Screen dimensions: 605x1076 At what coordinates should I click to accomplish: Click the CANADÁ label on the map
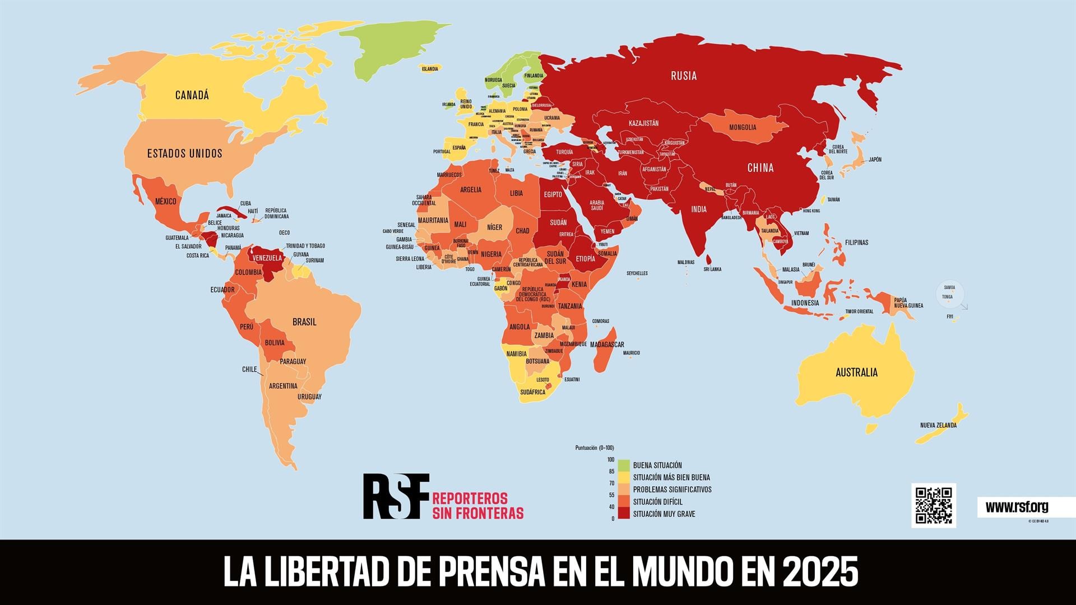[x=192, y=95]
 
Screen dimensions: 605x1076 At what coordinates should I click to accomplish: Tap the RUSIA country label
[x=684, y=76]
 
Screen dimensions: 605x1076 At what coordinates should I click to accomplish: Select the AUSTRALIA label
[x=856, y=373]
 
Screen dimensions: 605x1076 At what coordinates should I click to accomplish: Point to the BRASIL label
[x=304, y=322]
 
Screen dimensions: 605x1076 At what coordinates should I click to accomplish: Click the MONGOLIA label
[x=743, y=128]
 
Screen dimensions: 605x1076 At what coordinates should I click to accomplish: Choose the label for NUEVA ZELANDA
[x=938, y=425]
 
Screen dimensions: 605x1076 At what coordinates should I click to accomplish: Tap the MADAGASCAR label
[x=607, y=345]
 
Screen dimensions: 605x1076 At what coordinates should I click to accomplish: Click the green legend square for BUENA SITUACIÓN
[x=624, y=465]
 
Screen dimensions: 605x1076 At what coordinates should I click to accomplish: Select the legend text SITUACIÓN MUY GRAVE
[x=664, y=514]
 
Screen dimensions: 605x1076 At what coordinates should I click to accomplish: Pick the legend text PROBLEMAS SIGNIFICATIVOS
[x=672, y=490]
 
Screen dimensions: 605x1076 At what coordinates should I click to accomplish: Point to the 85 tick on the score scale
[x=611, y=471]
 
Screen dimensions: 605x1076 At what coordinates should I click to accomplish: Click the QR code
[x=934, y=505]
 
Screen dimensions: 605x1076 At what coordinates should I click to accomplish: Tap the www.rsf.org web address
[x=1017, y=508]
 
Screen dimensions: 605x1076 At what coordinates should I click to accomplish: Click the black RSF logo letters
[x=396, y=496]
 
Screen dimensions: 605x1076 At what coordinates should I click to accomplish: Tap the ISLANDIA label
[x=430, y=69]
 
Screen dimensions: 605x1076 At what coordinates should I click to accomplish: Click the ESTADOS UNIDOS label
[x=184, y=153]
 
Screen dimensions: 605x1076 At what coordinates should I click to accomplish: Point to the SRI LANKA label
[x=712, y=269]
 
